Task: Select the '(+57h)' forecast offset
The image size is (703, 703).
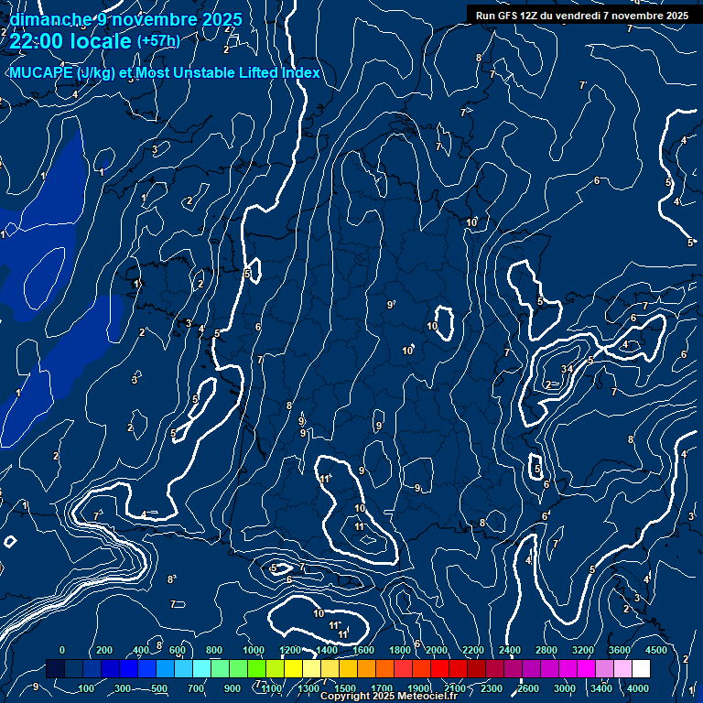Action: tap(158, 41)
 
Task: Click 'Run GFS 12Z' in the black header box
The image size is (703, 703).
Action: tap(508, 16)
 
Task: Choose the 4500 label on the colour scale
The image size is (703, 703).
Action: tap(655, 650)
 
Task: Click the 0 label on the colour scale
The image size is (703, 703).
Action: tap(62, 650)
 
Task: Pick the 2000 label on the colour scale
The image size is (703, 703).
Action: tap(437, 650)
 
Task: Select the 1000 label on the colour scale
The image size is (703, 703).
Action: tap(253, 650)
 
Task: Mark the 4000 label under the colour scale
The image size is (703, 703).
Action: tap(638, 688)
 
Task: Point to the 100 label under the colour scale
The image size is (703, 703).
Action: tap(88, 688)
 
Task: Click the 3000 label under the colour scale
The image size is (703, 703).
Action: tap(565, 688)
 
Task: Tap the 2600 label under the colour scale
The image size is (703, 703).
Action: tap(528, 688)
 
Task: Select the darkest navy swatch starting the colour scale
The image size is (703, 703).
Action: tap(55, 669)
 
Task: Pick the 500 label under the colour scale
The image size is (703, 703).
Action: tap(160, 688)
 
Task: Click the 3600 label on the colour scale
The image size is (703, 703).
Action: tap(620, 650)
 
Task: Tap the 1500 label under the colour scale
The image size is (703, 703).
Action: tap(345, 688)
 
